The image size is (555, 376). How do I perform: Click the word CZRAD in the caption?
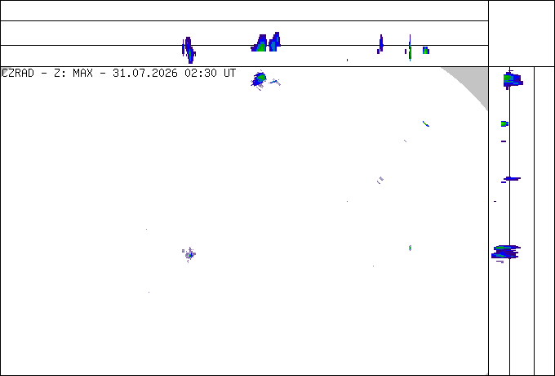point(18,74)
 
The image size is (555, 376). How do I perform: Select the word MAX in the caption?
point(82,74)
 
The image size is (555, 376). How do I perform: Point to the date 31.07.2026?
point(145,74)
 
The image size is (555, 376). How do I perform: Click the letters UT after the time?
point(229,74)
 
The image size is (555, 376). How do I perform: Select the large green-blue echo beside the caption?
point(259,80)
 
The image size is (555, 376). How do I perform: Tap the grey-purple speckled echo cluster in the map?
point(189,254)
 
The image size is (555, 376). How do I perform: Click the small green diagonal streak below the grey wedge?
point(426,123)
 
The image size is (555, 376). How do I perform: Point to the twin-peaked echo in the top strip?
point(266,43)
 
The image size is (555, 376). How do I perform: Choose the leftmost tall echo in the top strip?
point(189,50)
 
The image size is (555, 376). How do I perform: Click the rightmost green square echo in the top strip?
point(426,51)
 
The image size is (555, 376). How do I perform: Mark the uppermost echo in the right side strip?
point(513,80)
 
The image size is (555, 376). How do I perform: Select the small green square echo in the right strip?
point(504,123)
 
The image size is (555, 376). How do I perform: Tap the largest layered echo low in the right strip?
point(505,253)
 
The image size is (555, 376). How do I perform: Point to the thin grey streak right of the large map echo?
point(275,83)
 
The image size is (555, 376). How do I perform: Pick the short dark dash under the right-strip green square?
point(504,141)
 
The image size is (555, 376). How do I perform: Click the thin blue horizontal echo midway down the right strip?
point(513,179)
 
